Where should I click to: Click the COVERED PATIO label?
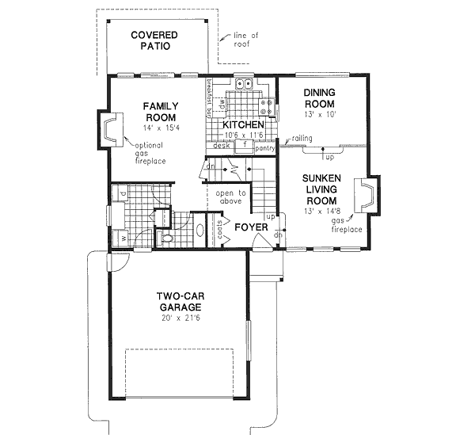154,40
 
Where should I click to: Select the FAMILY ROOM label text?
160,111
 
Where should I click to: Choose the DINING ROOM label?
319,98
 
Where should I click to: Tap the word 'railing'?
301,139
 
